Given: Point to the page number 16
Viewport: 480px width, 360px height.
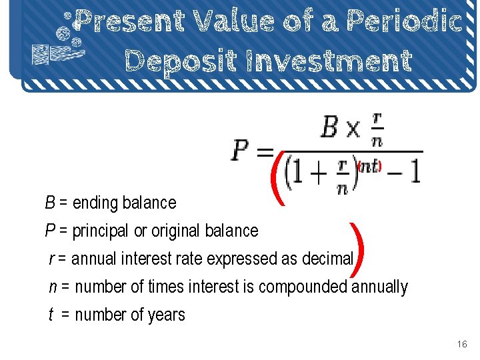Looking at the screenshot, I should [462, 345].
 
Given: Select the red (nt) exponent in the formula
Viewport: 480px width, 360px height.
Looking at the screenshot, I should [369, 166].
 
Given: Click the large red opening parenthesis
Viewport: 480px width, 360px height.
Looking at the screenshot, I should [278, 177].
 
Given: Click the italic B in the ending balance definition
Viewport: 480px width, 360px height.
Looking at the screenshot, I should [50, 203].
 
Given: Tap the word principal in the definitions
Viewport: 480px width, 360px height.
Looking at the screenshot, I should [103, 231].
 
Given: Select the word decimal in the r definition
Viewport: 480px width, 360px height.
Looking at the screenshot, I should [327, 259].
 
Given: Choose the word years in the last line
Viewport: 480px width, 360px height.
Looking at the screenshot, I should [167, 315].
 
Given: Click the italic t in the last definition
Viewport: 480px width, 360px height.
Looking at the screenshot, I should [51, 315].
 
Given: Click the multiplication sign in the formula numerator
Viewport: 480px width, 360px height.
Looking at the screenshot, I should [353, 128].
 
